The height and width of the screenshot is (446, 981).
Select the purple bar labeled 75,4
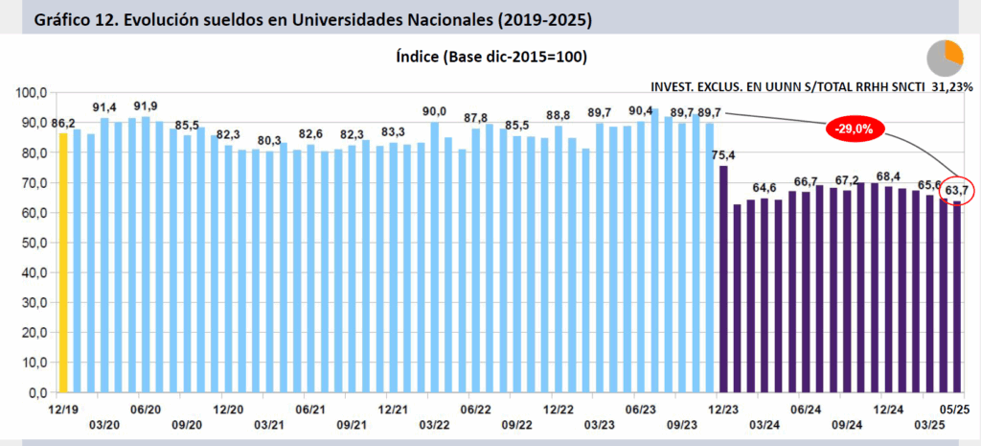click(723, 278)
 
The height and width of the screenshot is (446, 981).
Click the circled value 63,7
click(956, 191)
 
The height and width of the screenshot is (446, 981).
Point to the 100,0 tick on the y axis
click(32, 93)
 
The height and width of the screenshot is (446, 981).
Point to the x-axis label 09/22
click(516, 424)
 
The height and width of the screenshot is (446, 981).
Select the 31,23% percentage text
click(951, 86)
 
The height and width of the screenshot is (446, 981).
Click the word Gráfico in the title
click(63, 19)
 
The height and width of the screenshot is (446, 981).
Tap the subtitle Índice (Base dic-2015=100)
click(490, 58)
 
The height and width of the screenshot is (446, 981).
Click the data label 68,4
click(888, 176)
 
